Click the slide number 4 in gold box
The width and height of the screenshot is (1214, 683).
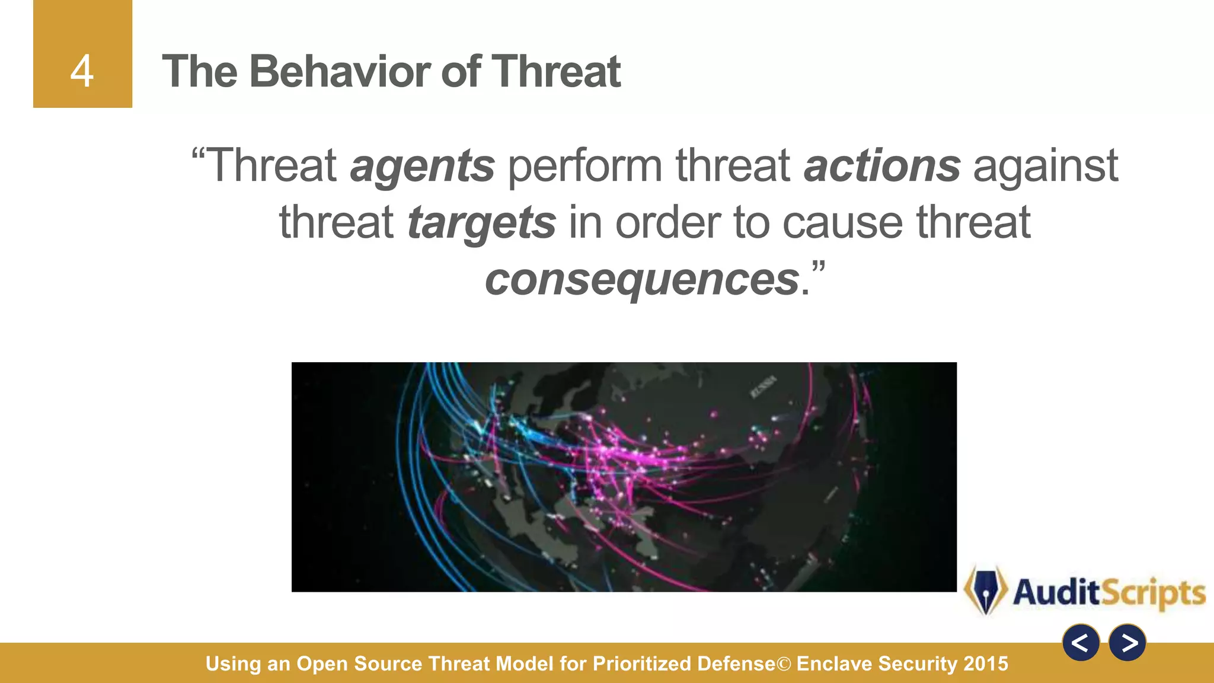[82, 72]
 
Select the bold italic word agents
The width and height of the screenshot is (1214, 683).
[422, 166]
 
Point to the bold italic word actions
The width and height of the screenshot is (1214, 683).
[881, 166]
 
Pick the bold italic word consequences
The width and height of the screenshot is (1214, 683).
[642, 279]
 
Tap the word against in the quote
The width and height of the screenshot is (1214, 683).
[1046, 166]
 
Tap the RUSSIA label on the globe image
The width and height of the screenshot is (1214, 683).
[763, 387]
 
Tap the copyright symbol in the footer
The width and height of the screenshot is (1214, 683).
[784, 664]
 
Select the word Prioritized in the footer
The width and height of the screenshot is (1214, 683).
[641, 663]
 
